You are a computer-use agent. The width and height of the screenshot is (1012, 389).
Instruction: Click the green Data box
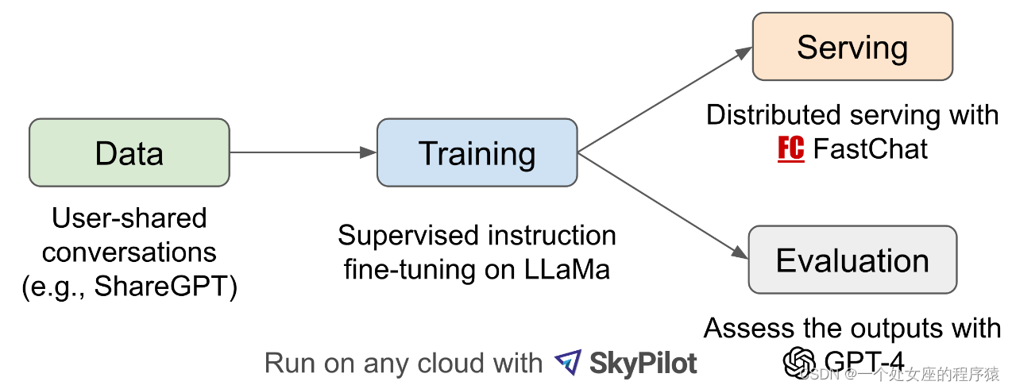129,152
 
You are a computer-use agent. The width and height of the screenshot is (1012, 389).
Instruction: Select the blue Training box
477,152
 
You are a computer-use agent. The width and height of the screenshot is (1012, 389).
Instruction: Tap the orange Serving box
852,47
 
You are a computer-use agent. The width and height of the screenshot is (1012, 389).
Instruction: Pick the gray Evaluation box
852,260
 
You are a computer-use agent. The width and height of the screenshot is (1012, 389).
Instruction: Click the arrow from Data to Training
302,152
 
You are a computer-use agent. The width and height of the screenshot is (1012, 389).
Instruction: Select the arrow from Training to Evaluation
663,206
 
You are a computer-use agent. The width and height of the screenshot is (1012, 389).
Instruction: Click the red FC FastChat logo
790,148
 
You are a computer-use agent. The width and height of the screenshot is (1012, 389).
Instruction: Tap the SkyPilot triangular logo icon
568,363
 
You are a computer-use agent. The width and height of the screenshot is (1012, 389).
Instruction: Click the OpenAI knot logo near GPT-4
798,362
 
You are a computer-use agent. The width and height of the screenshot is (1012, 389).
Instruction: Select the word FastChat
871,148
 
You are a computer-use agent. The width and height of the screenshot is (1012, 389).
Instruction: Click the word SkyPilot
643,364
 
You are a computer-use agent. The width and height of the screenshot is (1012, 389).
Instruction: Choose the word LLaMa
567,269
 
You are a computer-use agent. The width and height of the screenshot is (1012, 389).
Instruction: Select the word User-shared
129,218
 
